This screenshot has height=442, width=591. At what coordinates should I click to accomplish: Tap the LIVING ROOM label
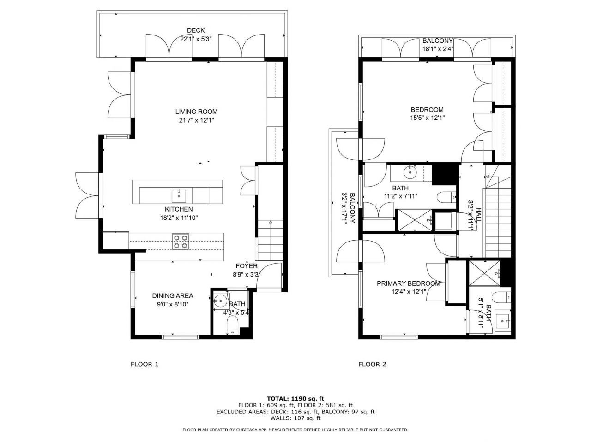[196, 112]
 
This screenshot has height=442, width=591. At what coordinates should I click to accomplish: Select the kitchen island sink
[179, 195]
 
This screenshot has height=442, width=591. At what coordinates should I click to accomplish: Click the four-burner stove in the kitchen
[181, 242]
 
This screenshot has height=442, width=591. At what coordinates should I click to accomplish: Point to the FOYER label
[247, 266]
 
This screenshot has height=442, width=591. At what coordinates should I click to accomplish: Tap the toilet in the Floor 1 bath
[232, 327]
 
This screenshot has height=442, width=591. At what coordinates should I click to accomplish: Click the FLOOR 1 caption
[145, 365]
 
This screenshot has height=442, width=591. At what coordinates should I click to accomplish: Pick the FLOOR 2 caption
[372, 365]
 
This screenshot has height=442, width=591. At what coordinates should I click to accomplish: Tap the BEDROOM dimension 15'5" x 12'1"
[427, 118]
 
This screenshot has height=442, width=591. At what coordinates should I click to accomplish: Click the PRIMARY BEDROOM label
[408, 283]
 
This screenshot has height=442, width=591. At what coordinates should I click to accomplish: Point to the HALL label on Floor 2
[479, 215]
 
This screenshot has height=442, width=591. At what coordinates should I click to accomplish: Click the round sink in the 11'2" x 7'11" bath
[410, 172]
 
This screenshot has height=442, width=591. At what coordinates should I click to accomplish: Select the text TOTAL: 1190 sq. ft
[295, 398]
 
